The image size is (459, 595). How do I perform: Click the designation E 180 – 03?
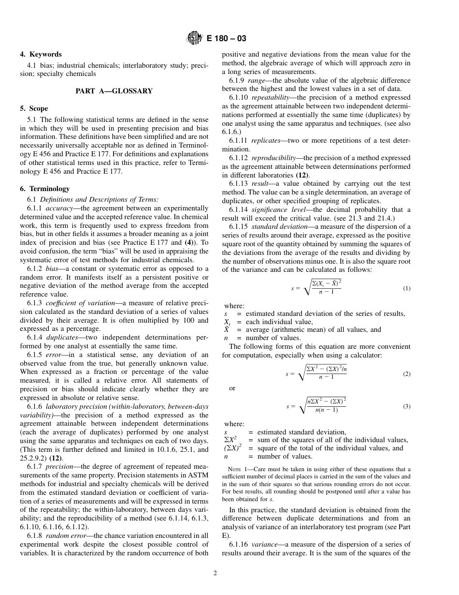tap(226, 38)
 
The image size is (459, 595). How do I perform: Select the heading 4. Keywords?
tap(41, 55)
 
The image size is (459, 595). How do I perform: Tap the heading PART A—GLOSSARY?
tap(114, 91)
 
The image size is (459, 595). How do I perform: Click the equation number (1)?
tap(406, 288)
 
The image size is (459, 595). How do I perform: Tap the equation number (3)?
tap(406, 406)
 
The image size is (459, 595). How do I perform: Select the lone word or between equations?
tap(232, 388)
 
